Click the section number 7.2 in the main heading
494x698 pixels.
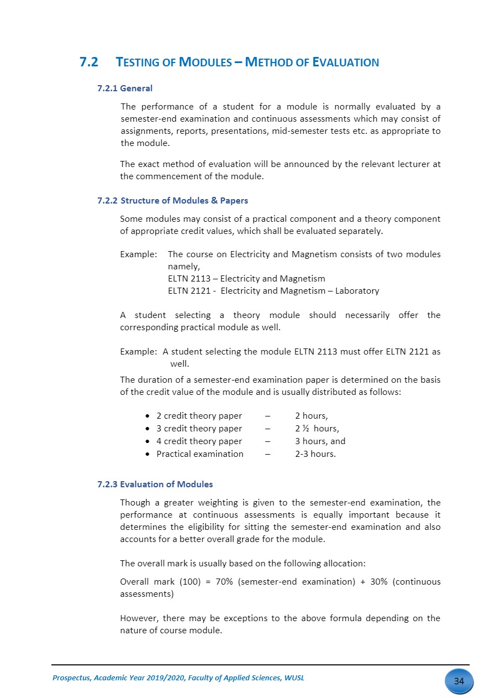(x=89, y=62)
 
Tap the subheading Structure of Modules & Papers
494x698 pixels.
(x=184, y=200)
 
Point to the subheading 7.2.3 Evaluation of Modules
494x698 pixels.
(x=155, y=484)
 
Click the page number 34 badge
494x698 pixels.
(x=459, y=681)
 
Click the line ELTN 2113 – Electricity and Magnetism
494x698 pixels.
(x=246, y=278)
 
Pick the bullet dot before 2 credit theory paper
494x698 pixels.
(x=146, y=416)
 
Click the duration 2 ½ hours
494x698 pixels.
(x=316, y=429)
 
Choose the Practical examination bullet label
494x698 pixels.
(x=200, y=454)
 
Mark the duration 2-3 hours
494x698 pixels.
(x=315, y=454)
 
